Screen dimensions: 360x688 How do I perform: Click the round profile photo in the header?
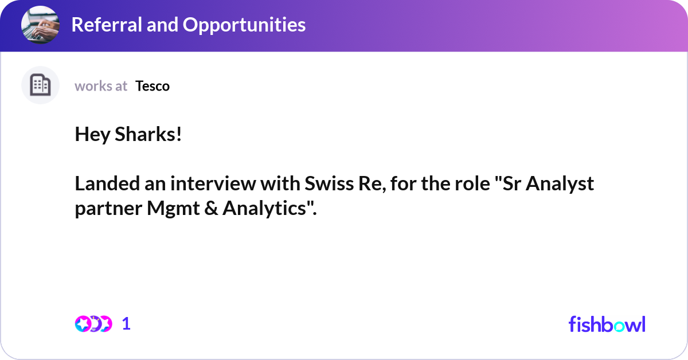point(40,25)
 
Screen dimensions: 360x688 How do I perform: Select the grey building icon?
point(40,85)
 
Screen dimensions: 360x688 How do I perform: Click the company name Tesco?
point(153,86)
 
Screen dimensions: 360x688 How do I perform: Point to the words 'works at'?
point(101,86)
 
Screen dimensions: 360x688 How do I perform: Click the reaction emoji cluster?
point(93,324)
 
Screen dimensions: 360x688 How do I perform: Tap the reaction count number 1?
point(126,324)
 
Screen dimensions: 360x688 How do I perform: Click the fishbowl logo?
point(607,324)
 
